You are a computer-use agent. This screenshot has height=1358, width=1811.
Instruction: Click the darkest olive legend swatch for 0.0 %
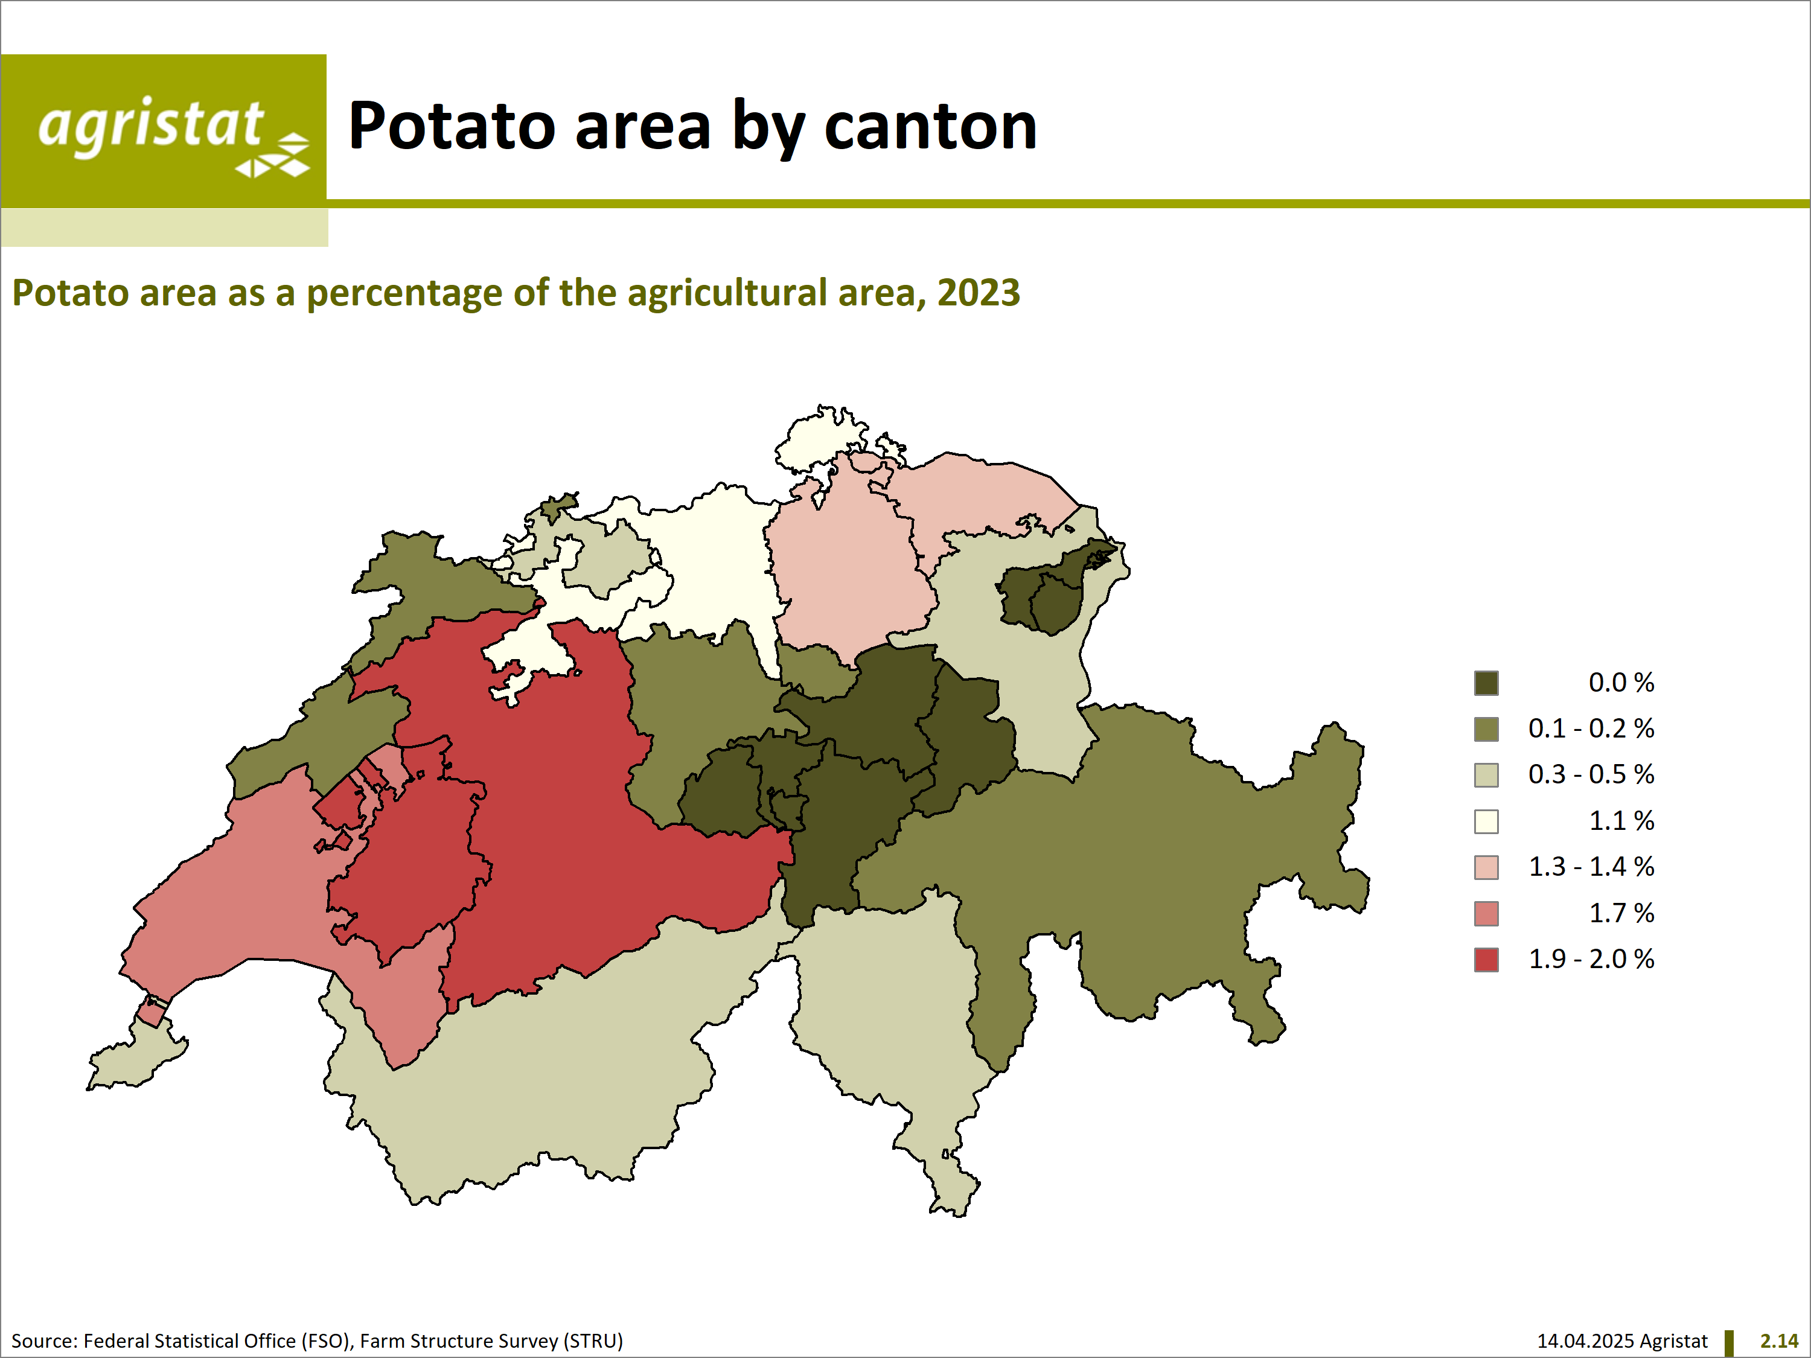1486,683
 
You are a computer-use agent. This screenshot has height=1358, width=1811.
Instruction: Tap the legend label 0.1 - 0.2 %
1591,728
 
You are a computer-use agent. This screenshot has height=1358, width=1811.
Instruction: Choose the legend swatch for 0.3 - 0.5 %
1486,775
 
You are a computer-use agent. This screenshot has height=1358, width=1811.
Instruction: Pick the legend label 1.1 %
1621,821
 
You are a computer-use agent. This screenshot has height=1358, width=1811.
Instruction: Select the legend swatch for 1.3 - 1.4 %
1486,867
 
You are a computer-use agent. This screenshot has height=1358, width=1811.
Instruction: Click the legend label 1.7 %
1621,913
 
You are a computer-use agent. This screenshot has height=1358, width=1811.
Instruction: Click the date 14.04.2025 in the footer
1586,1341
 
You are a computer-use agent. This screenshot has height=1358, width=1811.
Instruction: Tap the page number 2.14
1779,1341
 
